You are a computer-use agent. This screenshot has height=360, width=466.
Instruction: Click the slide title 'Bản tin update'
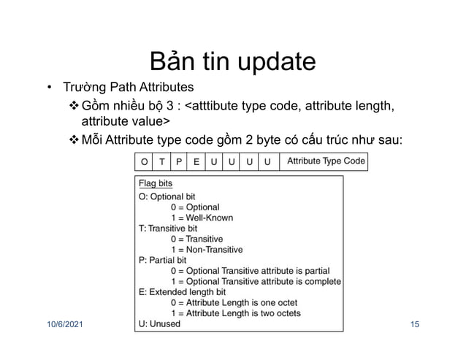point(232,61)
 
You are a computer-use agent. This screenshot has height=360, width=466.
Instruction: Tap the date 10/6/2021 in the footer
point(61,323)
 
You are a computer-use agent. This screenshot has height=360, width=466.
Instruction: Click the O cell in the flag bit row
point(142,161)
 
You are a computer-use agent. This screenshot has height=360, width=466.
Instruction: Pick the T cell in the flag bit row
point(161,161)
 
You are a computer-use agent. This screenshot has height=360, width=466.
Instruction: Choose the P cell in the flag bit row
point(179,161)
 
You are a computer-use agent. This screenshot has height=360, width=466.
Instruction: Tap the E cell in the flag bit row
point(196,161)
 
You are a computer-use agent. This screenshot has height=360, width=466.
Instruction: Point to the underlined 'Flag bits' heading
point(156,184)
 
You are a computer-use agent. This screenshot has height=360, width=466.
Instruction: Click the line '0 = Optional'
point(194,207)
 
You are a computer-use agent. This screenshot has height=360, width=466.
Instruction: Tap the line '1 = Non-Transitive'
point(207,249)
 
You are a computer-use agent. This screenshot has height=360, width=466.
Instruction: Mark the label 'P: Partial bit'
point(163,259)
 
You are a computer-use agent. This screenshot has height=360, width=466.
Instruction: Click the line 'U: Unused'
point(159,323)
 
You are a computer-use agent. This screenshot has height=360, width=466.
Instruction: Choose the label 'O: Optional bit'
point(168,196)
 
